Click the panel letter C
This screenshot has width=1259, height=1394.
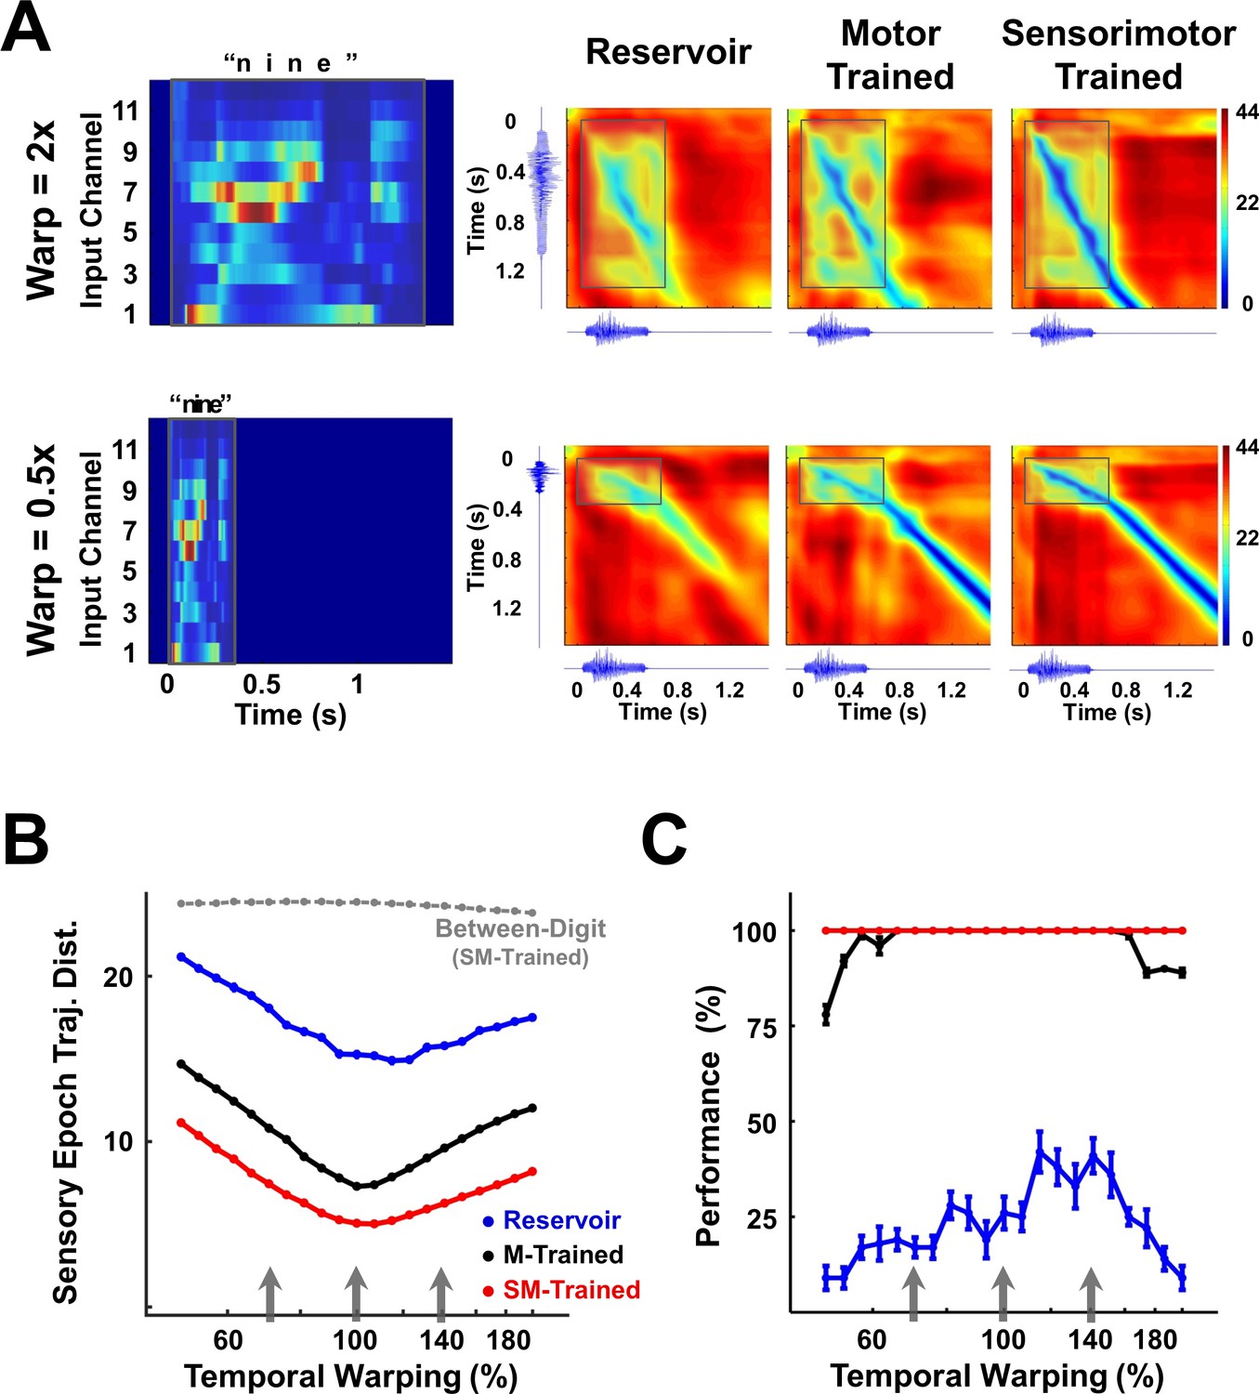pyautogui.click(x=665, y=838)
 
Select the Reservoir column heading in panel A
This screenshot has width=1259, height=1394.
pyautogui.click(x=668, y=52)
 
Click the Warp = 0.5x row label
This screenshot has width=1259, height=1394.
pyautogui.click(x=42, y=550)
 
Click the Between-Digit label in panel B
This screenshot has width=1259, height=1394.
pyautogui.click(x=520, y=928)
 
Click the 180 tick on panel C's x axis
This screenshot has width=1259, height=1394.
pyautogui.click(x=1156, y=1339)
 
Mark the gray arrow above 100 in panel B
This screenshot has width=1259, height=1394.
pyautogui.click(x=355, y=1294)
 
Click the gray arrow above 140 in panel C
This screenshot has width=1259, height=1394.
pyautogui.click(x=1091, y=1294)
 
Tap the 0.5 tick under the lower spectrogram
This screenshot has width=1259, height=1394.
pyautogui.click(x=261, y=685)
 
